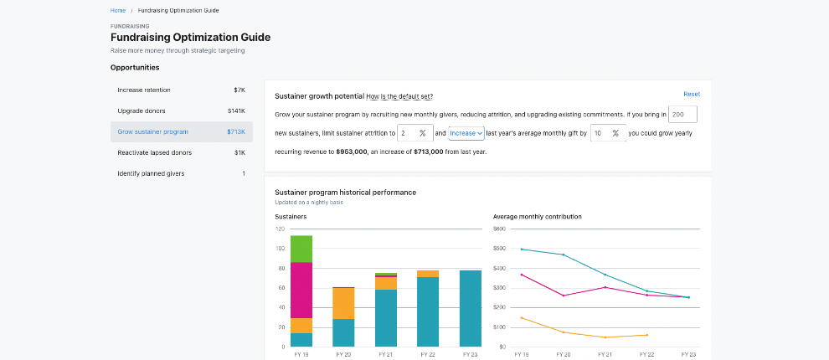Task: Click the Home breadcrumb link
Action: pos(118,10)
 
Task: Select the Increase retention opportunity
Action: pos(144,90)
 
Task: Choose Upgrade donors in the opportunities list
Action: pos(142,111)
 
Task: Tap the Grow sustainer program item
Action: pos(152,131)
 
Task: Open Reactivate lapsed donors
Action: pos(154,152)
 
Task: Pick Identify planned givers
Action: pos(151,173)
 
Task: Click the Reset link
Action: pos(692,94)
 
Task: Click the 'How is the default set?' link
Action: pos(399,97)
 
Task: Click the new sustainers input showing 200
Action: pos(682,114)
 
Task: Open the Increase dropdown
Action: pos(466,133)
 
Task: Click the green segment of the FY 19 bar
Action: pos(301,249)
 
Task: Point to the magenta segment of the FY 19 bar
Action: pos(301,290)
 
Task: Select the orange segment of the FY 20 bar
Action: pos(343,303)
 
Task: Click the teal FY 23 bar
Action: pos(471,308)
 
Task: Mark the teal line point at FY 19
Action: pos(522,249)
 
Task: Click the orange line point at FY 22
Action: pos(647,335)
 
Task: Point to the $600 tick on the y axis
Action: pos(500,229)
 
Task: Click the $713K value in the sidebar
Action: pos(235,131)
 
